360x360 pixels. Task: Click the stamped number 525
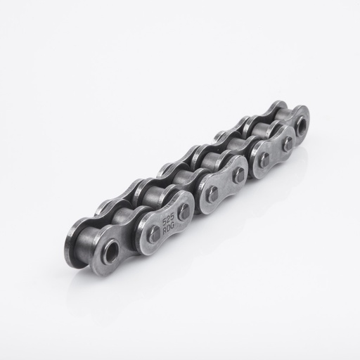[169, 218]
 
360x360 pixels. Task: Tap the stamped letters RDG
[169, 227]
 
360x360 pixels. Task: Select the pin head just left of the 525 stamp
[153, 234]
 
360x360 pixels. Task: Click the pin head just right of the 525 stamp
[185, 211]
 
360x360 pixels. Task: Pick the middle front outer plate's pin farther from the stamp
[239, 175]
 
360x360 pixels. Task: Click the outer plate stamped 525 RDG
[169, 222]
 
